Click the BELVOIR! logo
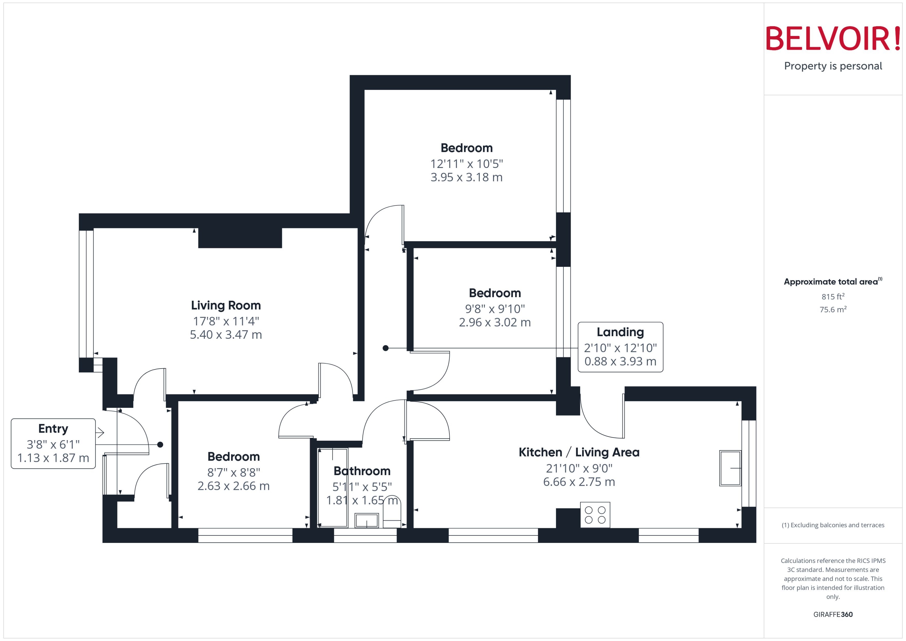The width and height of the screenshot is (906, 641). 833,39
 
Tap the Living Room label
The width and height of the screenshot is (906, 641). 226,306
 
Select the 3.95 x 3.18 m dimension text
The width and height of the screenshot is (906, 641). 466,177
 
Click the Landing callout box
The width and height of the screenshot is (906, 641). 620,347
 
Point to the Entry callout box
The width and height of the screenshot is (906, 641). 53,444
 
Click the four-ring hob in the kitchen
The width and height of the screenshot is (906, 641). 595,515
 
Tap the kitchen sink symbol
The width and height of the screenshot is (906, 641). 730,468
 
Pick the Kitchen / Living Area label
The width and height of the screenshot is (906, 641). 579,452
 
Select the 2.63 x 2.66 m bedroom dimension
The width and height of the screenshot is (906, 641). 233,486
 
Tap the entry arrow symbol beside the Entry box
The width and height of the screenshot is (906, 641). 100,433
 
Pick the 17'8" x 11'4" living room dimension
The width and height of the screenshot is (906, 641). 226,321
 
